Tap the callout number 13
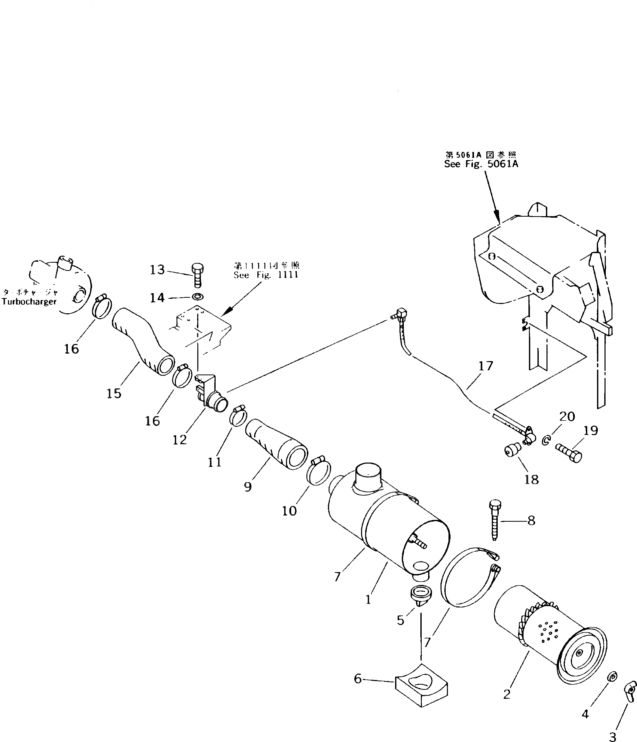pos(157,270)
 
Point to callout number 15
pos(114,394)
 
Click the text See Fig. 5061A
pos(481,164)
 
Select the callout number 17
pos(486,366)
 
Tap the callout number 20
pos(567,417)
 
